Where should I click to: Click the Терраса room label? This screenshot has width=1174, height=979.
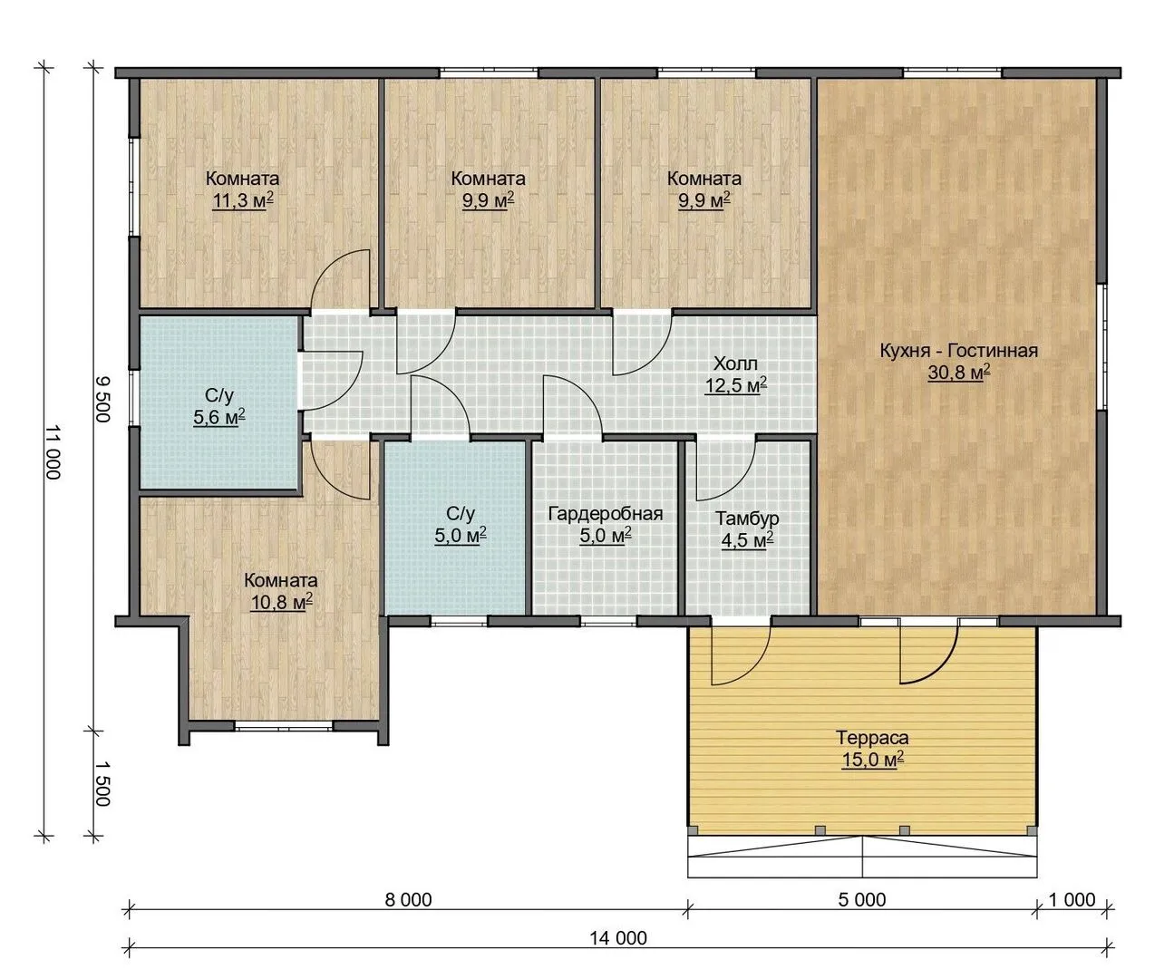click(872, 737)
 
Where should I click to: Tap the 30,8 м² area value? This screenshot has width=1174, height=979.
click(958, 373)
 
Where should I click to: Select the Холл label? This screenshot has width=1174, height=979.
click(735, 363)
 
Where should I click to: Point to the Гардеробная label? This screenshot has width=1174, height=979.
click(606, 513)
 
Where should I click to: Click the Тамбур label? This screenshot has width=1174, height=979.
click(747, 519)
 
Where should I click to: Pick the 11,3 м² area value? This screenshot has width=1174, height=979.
click(243, 200)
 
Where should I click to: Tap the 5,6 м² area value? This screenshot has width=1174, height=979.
click(219, 417)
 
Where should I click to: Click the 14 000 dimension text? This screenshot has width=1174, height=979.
click(618, 938)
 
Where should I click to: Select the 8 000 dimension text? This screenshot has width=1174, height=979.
click(408, 900)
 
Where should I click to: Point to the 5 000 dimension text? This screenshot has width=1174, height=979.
click(862, 900)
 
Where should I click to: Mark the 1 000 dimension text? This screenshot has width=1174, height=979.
click(1072, 900)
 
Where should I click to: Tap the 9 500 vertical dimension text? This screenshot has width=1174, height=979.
click(102, 399)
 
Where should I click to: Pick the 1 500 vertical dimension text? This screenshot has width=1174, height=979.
click(102, 784)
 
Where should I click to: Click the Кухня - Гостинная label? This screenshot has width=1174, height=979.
click(958, 350)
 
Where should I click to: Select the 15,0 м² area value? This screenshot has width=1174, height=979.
click(872, 760)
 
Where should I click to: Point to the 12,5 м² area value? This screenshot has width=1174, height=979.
click(735, 386)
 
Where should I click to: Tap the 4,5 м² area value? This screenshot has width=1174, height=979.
click(747, 541)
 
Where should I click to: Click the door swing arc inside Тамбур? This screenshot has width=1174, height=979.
click(737, 483)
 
